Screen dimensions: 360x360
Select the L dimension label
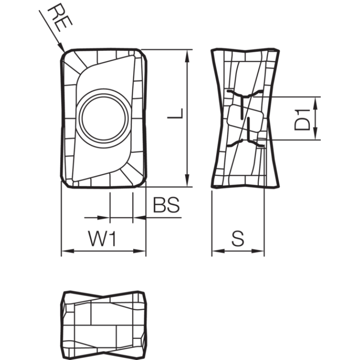[175, 113]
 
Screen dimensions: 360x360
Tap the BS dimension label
[166, 205]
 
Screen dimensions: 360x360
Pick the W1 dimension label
[103, 238]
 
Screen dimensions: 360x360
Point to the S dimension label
[238, 238]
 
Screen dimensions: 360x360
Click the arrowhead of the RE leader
[61, 48]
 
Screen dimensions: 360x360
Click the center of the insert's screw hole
[103, 118]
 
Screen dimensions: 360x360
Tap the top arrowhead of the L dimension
[188, 56]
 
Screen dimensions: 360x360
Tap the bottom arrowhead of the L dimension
[188, 180]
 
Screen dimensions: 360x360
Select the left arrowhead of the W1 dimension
[68, 251]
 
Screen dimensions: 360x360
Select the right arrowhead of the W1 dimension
[139, 251]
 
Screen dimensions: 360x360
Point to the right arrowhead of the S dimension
[258, 251]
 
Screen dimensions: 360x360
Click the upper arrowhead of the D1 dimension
[316, 103]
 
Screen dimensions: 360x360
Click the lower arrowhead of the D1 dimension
[316, 133]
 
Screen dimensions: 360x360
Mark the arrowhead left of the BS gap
[103, 217]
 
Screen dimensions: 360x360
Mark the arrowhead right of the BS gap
[139, 217]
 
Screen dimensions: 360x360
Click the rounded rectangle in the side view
[245, 118]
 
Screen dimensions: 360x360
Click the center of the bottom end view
[103, 325]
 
